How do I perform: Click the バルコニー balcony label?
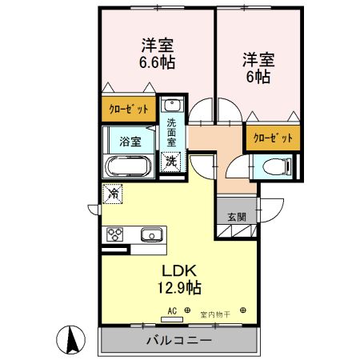click(178, 340)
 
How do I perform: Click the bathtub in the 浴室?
click(128, 167)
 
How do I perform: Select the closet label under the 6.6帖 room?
click(128, 108)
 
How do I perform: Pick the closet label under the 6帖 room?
click(273, 138)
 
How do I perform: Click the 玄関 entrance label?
click(237, 215)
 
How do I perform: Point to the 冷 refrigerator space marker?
click(114, 193)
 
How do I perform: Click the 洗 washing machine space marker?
click(171, 160)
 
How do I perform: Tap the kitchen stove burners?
click(115, 234)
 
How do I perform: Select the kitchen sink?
click(150, 234)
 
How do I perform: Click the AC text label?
click(171, 310)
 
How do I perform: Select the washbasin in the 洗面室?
click(172, 106)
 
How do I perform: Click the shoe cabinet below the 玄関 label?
click(237, 232)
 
